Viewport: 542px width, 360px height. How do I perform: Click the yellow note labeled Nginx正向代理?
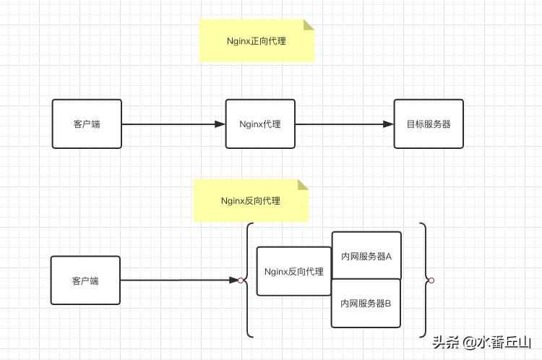[x=257, y=41]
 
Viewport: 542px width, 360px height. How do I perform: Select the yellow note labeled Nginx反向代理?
[x=251, y=200]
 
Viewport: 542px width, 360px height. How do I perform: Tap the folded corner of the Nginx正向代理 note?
[x=309, y=25]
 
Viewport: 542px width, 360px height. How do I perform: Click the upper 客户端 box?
[x=87, y=124]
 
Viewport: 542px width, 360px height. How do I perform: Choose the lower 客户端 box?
[x=85, y=280]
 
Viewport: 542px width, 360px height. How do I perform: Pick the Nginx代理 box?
[x=260, y=124]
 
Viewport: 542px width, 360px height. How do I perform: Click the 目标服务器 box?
[x=428, y=124]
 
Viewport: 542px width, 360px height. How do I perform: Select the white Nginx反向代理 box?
[x=293, y=271]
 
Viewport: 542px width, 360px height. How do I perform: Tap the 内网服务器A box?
[x=366, y=256]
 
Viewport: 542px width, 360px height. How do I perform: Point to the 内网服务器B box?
[x=366, y=303]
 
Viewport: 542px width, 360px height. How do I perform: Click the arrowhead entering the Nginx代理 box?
[x=220, y=124]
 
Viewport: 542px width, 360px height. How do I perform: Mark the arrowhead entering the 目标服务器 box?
[x=388, y=124]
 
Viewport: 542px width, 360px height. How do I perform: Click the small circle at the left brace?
[x=241, y=280]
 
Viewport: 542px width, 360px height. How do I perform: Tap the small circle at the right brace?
[x=431, y=280]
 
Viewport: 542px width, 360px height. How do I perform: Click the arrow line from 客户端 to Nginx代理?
[x=170, y=124]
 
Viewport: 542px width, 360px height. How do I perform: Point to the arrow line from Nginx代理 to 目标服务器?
[x=340, y=124]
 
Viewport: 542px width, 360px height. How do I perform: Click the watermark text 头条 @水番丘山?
[x=481, y=342]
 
